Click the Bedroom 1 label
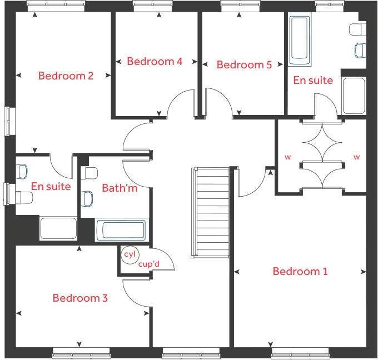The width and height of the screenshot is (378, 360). click(x=300, y=272)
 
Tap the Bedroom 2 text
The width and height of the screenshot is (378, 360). click(x=66, y=76)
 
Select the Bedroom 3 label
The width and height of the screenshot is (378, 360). click(x=80, y=298)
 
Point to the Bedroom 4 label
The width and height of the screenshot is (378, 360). click(x=155, y=61)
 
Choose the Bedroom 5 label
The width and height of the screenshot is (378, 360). click(x=244, y=65)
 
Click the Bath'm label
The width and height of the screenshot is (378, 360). click(x=120, y=188)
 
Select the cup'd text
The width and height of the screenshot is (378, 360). click(x=149, y=264)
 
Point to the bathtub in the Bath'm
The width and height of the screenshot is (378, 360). click(x=121, y=229)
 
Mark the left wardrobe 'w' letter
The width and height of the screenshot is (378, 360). click(x=288, y=157)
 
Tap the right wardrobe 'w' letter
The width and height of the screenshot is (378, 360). click(x=356, y=157)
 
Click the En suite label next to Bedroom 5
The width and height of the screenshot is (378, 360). click(x=313, y=81)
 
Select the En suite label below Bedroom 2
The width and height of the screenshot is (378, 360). click(x=51, y=187)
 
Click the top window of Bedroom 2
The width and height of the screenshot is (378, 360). click(x=56, y=6)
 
